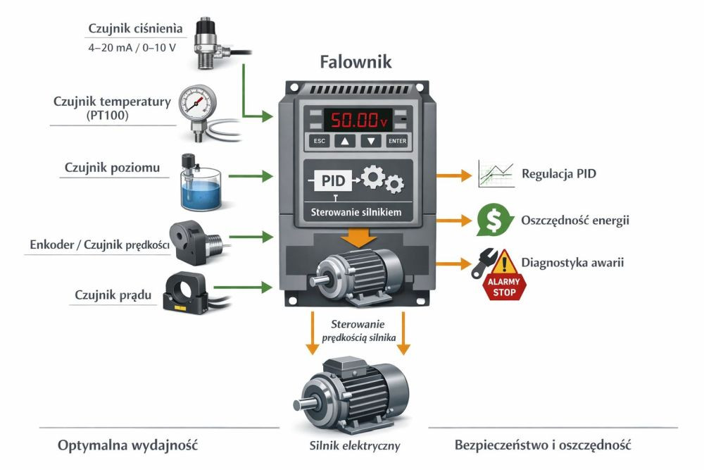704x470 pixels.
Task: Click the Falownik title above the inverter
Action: click(x=356, y=62)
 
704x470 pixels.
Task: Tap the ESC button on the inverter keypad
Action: click(x=320, y=141)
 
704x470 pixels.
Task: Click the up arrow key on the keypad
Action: click(x=345, y=141)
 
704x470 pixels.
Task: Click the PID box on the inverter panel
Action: click(x=332, y=180)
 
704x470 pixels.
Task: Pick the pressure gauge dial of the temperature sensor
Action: click(x=196, y=102)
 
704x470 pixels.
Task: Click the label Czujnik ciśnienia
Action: click(x=136, y=29)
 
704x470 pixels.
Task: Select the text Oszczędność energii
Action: click(x=575, y=221)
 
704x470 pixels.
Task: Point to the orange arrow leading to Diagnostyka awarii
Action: click(x=453, y=264)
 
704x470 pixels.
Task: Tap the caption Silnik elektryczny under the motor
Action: click(x=355, y=445)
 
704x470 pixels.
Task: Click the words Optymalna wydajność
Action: click(x=128, y=445)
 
